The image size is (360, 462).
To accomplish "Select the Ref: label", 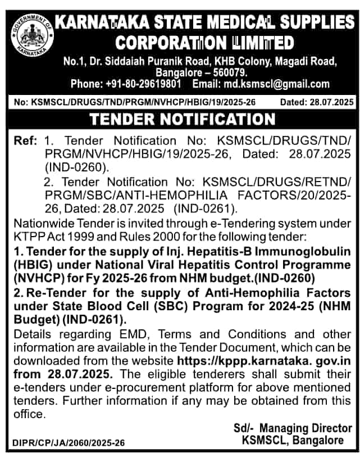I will (26, 140).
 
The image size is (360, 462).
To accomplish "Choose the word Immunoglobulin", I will (303, 248).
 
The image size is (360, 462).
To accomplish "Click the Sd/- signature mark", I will (243, 428).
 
